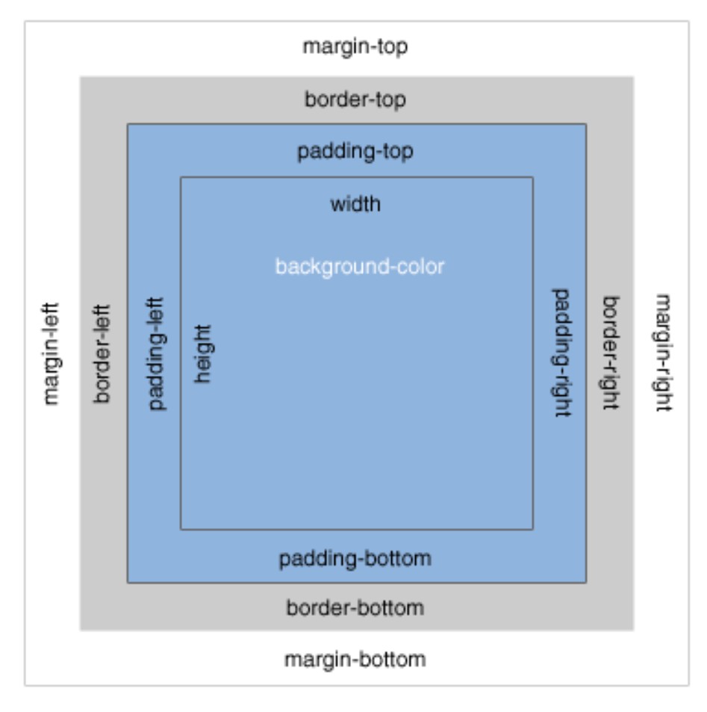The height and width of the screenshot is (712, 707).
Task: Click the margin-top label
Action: point(355,47)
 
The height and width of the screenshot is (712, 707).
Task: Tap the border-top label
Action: point(355,100)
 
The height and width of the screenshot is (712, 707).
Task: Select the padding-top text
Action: point(355,152)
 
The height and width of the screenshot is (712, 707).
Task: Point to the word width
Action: point(355,204)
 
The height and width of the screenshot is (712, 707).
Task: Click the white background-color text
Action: point(360,267)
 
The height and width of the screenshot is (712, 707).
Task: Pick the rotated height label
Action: point(202,354)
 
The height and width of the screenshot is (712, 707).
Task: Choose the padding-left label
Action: point(157,354)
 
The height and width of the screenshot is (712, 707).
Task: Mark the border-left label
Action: point(102,354)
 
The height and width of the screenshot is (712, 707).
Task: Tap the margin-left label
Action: point(51,354)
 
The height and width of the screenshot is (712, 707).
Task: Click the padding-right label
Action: point(561,353)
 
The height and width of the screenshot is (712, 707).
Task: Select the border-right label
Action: point(611,353)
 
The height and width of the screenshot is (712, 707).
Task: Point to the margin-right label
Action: point(664,353)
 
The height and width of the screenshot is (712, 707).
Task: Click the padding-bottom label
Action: point(355,559)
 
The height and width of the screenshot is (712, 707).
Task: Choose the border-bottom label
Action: point(355,608)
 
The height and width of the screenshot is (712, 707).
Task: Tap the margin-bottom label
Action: point(355,660)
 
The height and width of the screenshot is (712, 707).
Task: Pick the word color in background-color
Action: point(420,266)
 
